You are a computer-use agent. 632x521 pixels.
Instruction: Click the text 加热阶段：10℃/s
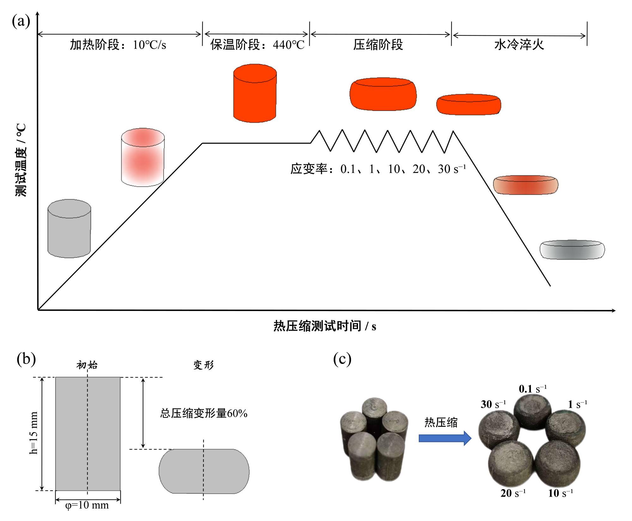[118, 45]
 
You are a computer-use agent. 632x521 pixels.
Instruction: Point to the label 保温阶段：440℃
[257, 45]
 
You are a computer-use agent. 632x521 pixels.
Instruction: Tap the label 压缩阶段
[378, 45]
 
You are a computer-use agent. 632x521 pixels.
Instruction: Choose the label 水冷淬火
[519, 45]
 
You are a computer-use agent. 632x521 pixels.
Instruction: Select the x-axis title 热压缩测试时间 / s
[325, 326]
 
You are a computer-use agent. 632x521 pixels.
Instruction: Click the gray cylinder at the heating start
[69, 229]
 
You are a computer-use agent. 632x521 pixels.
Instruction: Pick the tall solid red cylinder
[255, 93]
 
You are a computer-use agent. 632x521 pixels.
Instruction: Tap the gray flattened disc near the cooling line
[572, 250]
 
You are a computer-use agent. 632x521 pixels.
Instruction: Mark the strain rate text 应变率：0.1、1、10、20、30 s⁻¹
[378, 169]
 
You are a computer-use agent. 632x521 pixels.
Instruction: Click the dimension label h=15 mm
[33, 433]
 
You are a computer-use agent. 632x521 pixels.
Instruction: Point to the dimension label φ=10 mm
[87, 505]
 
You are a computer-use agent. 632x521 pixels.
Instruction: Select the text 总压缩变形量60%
[204, 413]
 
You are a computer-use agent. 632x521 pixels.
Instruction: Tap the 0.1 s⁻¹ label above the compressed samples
[532, 389]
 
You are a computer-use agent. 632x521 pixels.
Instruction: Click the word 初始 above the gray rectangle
[87, 365]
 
